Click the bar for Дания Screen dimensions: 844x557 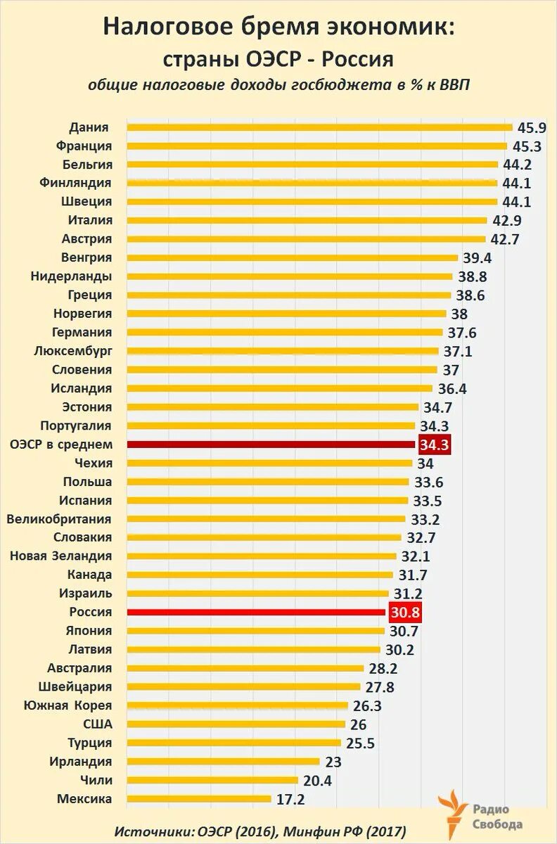[x=320, y=127]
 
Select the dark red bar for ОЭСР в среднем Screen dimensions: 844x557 [x=271, y=445]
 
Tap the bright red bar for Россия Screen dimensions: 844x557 [x=257, y=613]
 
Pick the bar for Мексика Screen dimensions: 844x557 [x=199, y=799]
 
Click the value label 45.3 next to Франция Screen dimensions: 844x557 [x=527, y=146]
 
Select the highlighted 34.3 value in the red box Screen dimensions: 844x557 [x=434, y=445]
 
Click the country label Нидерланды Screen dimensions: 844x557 [x=71, y=276]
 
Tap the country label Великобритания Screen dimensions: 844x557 [x=59, y=519]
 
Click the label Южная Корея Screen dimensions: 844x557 [x=68, y=705]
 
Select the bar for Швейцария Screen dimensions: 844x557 [x=244, y=687]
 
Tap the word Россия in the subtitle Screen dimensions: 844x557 [x=354, y=58]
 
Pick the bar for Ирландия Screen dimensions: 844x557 [x=224, y=762]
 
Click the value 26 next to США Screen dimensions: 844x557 [x=358, y=724]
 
